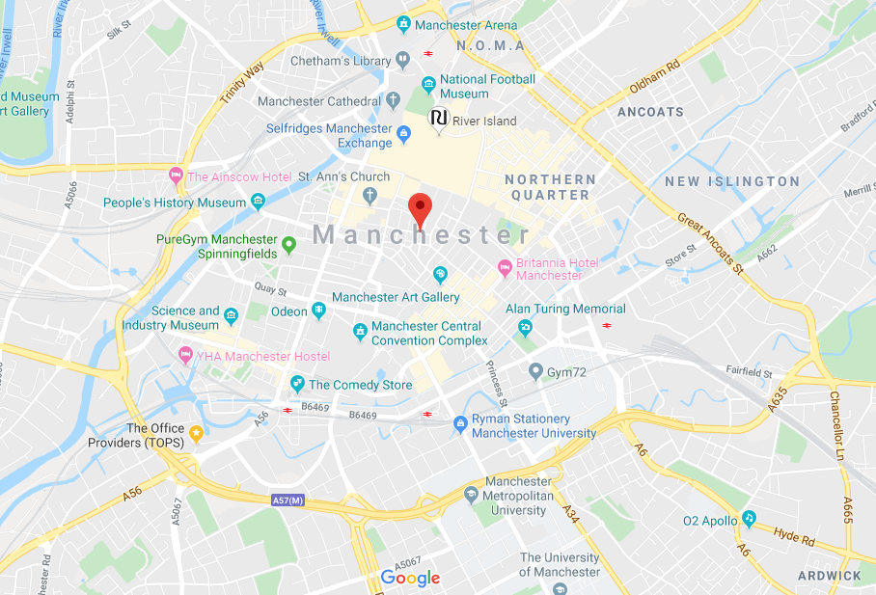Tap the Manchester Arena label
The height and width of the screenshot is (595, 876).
point(466,25)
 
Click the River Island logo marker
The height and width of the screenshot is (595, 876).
point(438,119)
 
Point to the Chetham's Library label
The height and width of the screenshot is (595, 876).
point(341,62)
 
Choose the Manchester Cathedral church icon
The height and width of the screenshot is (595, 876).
point(393,100)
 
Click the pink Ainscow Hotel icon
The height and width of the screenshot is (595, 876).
point(176,176)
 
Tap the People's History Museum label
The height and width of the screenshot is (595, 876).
point(175,203)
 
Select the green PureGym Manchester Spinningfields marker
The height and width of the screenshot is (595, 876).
point(287,253)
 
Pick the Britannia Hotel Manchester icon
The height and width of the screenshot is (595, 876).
point(504,266)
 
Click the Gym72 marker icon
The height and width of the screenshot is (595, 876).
point(536,371)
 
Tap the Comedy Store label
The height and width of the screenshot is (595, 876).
point(360,385)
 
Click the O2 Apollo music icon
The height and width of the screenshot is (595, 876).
point(749,519)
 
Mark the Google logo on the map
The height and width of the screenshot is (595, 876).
point(410,578)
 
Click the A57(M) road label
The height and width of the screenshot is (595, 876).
point(287,500)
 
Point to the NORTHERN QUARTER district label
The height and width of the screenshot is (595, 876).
point(550,187)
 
